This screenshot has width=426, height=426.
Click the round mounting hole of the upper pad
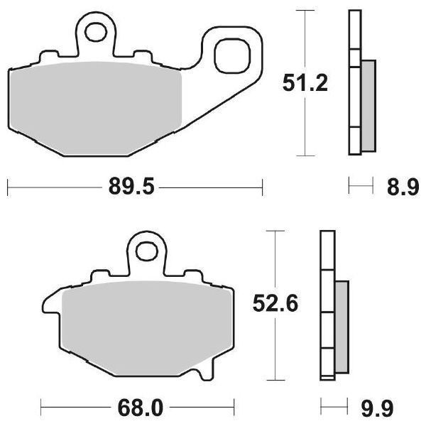[x=96, y=31]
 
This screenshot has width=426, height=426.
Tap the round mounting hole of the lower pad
[x=148, y=251]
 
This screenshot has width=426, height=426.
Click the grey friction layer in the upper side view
[x=368, y=106]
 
